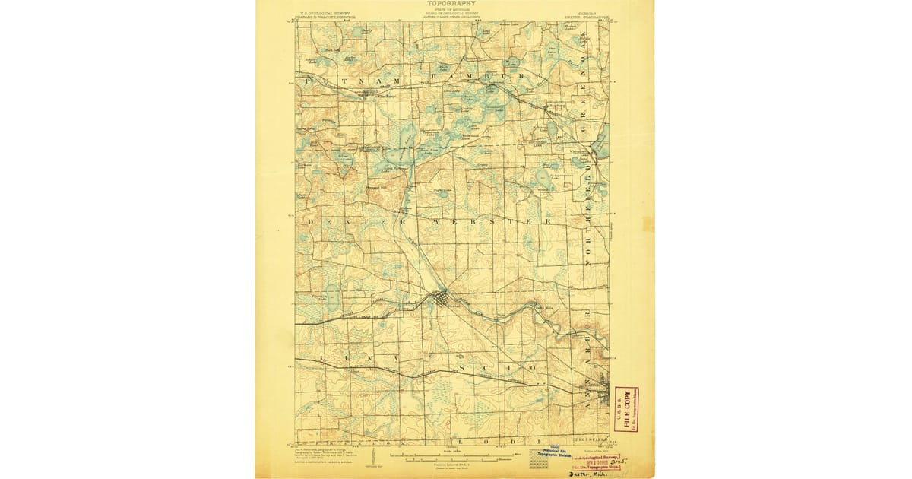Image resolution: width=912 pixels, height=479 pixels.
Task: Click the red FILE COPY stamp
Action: (x=626, y=409)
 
